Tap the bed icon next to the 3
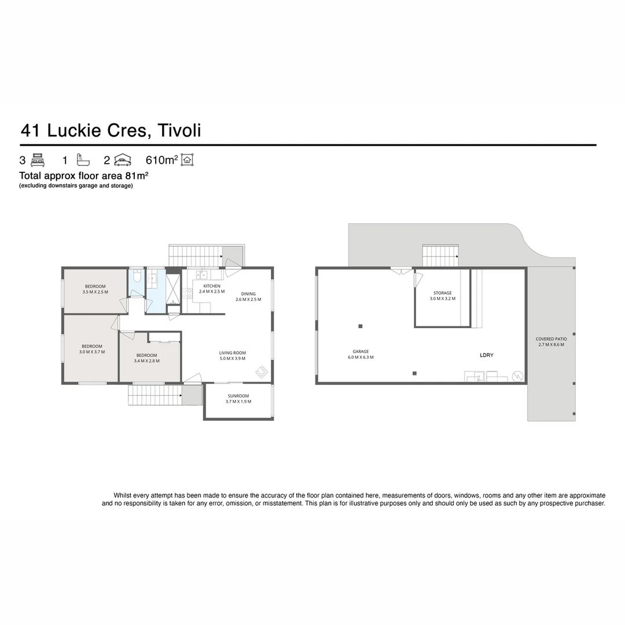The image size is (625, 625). click(x=38, y=160)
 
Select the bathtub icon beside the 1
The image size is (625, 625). click(x=83, y=160)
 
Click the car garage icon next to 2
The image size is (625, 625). click(x=123, y=160)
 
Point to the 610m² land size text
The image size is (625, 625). click(x=161, y=160)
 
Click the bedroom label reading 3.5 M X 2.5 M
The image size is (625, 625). click(x=95, y=289)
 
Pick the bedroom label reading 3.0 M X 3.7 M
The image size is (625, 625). click(x=92, y=349)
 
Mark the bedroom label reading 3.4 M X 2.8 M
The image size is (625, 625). click(x=146, y=358)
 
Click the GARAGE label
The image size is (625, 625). click(x=361, y=354)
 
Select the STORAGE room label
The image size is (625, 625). click(x=442, y=296)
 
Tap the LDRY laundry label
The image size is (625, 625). click(x=486, y=355)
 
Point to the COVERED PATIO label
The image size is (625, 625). click(x=551, y=341)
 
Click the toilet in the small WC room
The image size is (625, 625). click(x=137, y=278)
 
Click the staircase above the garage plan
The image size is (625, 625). click(x=440, y=256)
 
